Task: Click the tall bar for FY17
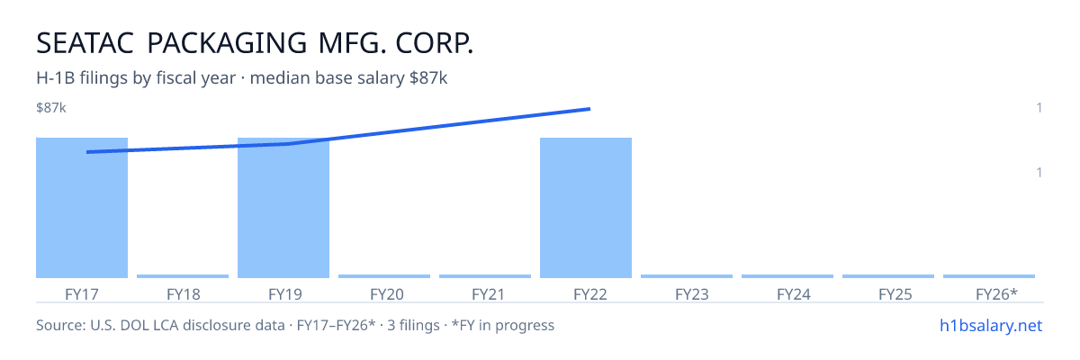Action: coord(82,208)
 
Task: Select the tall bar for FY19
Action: coord(283,208)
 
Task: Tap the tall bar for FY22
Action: coord(586,208)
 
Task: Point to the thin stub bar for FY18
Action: coord(183,276)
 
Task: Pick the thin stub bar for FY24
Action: coord(787,276)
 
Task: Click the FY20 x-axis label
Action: coord(387,294)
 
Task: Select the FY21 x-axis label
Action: coord(488,294)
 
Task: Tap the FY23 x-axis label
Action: coord(692,294)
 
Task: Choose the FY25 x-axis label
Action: coord(895,294)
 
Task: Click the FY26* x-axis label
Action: coord(996,294)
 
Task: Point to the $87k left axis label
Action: coord(51,107)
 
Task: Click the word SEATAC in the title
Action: coord(85,43)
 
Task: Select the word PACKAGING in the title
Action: coord(227,43)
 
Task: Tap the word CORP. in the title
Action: coord(435,43)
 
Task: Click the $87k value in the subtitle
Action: coord(428,78)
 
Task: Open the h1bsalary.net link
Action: coord(991,325)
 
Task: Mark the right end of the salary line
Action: coord(589,109)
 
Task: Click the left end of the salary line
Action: coord(87,152)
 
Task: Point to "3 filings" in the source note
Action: coord(413,325)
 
